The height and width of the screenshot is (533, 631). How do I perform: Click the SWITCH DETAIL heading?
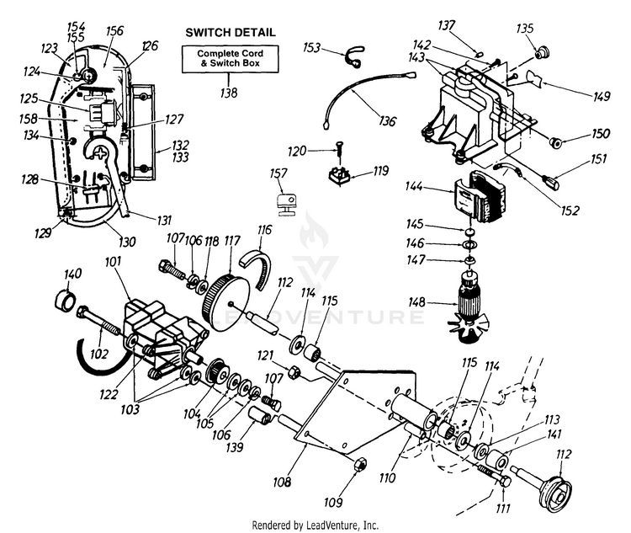point(230,32)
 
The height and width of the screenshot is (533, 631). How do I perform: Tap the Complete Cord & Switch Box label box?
point(230,60)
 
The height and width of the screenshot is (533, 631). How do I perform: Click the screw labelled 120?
point(337,152)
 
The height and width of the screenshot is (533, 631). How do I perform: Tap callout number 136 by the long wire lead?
point(386,121)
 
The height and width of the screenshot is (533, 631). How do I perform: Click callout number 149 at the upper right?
point(601,98)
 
